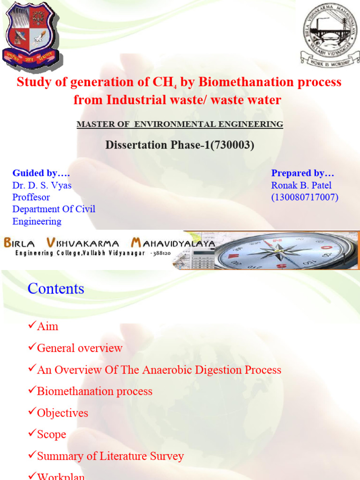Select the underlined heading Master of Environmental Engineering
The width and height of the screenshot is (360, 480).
click(180, 124)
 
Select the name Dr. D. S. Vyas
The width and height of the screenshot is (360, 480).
click(42, 185)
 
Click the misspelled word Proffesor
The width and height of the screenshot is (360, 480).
click(31, 197)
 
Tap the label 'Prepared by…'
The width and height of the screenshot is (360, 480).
click(302, 173)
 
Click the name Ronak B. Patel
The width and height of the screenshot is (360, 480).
click(301, 185)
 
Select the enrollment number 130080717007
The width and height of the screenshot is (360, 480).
click(305, 197)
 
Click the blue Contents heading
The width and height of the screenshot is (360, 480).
click(56, 288)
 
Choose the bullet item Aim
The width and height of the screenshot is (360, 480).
click(47, 326)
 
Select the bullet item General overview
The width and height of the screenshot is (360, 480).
click(79, 348)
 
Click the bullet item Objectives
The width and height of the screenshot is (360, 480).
click(62, 413)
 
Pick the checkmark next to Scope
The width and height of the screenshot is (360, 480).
click(32, 434)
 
